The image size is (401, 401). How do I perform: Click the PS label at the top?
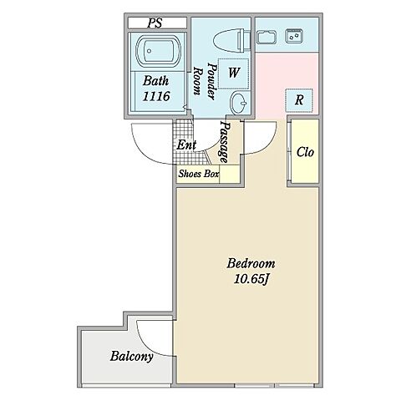coord(155,23)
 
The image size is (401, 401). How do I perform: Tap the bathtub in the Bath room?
coord(158,50)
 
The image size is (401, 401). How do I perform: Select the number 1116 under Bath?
coord(156,96)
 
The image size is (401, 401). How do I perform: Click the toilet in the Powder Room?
coord(232,41)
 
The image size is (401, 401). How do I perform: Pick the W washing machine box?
coord(233,74)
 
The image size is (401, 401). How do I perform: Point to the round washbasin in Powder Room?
coord(239,103)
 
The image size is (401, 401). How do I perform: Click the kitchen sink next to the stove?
coord(266,38)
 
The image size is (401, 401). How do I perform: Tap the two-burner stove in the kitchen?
coord(294,36)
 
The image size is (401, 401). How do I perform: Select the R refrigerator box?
coord(299,100)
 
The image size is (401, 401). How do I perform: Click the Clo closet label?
coord(305,152)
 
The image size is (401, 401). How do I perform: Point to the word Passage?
coord(225,142)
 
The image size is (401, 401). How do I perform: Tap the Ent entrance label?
coord(186,145)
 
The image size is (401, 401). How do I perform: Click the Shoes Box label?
coord(199,174)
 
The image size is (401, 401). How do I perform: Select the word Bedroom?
coord(251,263)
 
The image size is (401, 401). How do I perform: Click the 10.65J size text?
coord(251,279)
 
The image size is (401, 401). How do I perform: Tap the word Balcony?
coord(131,357)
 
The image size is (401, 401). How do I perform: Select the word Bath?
coord(156,81)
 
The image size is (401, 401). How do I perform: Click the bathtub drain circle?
coord(150,51)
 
